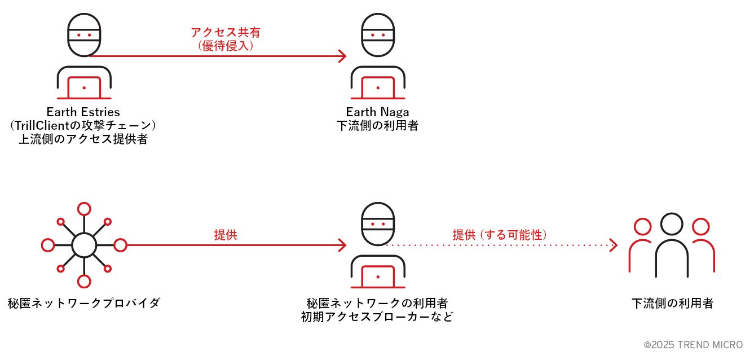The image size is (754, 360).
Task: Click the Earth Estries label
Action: point(83,112)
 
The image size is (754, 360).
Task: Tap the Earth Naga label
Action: point(377,112)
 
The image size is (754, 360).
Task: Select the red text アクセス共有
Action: point(226,33)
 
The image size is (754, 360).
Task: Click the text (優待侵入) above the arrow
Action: point(226,46)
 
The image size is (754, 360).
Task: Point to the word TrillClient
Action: point(50,125)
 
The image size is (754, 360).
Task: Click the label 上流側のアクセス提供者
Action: point(83,139)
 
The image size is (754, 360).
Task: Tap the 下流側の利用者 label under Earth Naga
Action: point(377,125)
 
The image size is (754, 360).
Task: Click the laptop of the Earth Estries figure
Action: point(84,88)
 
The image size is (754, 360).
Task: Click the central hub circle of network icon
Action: point(84,245)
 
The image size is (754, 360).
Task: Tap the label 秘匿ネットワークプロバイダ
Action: point(84,304)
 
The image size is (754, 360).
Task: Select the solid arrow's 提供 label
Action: point(226,235)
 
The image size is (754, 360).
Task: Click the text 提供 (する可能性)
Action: point(500,235)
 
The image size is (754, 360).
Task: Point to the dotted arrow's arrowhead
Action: point(614,245)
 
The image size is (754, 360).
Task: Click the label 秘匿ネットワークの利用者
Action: point(377,303)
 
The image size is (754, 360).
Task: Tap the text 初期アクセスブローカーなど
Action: point(377,317)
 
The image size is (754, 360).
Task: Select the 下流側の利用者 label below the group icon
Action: point(672,304)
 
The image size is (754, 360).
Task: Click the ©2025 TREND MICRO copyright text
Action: point(693,345)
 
